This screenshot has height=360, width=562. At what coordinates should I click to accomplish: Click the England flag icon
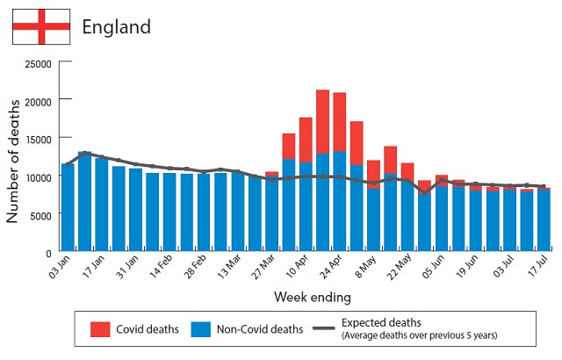(40, 26)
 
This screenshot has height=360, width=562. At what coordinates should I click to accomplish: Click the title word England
(116, 26)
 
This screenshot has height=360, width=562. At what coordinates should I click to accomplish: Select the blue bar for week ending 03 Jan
(68, 208)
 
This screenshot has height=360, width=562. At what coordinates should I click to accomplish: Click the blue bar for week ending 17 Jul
(544, 220)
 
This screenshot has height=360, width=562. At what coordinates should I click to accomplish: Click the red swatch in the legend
(100, 329)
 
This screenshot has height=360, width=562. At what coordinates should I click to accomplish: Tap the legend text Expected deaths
(381, 322)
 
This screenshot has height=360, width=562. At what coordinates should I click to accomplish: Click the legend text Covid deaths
(148, 329)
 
